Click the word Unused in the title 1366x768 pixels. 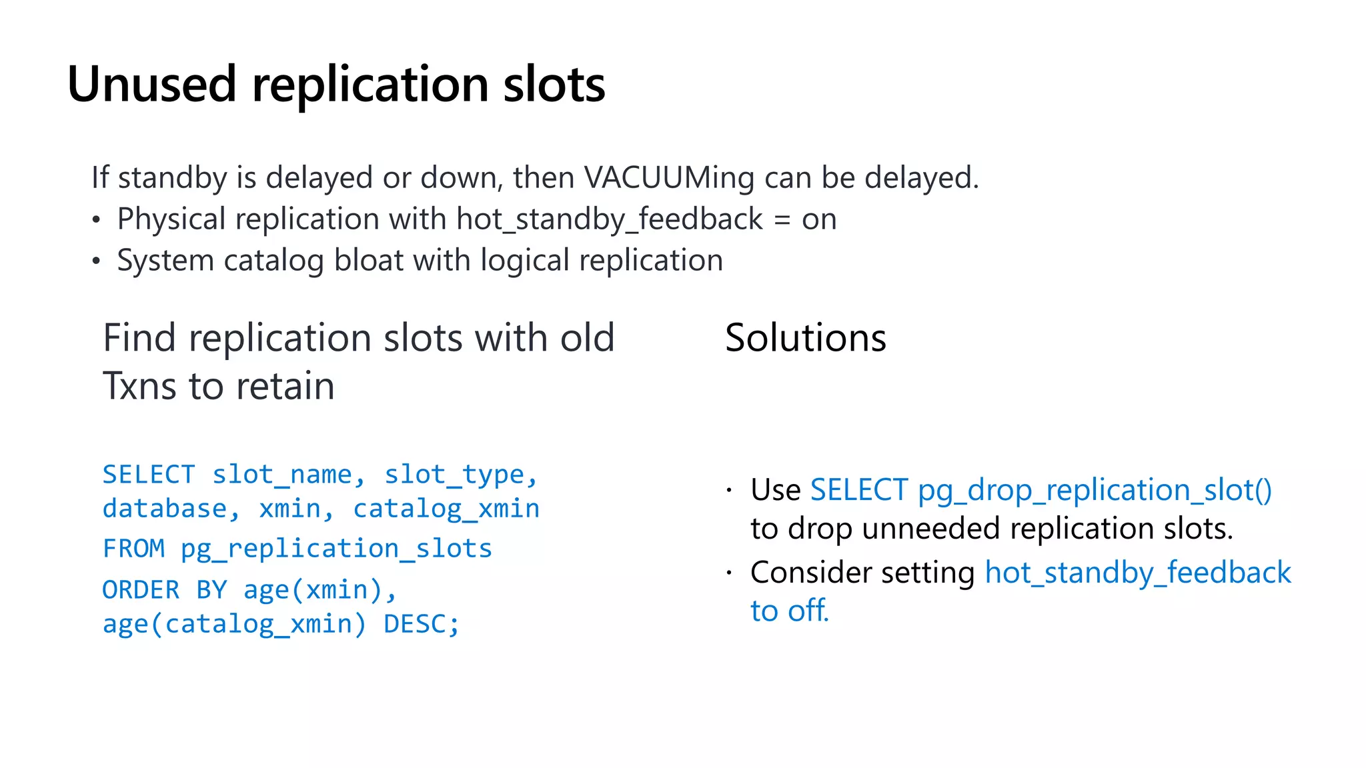point(152,85)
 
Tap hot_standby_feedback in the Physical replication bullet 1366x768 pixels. point(610,219)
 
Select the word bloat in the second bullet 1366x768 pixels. point(368,260)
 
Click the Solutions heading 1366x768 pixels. point(805,338)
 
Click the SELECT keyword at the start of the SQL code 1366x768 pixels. point(148,475)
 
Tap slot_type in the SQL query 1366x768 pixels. point(454,475)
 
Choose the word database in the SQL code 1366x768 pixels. point(164,509)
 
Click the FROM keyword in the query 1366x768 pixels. point(133,549)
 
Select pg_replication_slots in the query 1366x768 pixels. point(336,549)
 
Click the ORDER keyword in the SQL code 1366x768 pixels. point(141,590)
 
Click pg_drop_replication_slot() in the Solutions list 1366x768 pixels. point(1095,490)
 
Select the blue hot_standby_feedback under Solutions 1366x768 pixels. point(1138,573)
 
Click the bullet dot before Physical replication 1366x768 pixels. point(97,220)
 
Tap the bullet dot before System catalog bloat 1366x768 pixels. point(97,261)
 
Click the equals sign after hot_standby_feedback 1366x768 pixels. point(782,220)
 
